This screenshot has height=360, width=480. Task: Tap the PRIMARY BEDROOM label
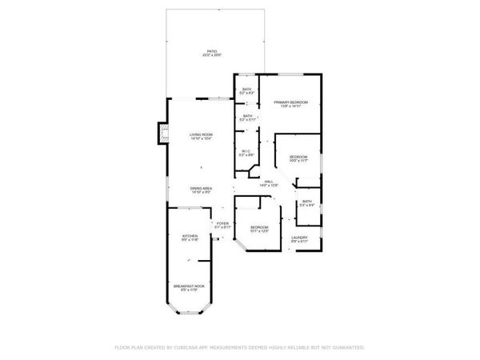point(291,102)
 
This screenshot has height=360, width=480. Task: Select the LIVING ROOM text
point(201,134)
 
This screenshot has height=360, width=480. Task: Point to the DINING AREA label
point(201,188)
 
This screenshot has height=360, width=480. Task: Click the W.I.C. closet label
point(247,150)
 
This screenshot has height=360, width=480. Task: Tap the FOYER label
point(223,223)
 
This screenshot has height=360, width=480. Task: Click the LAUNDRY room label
point(300,237)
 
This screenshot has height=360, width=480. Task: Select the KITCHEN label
point(190,236)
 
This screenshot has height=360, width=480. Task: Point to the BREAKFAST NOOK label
point(190,285)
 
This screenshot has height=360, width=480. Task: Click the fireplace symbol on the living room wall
point(163,133)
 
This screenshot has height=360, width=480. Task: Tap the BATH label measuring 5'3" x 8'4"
point(306,202)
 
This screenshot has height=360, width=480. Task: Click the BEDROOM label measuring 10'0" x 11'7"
point(298,156)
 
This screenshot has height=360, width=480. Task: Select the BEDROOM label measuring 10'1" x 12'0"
point(259,227)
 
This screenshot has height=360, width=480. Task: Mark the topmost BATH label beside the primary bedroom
point(247,89)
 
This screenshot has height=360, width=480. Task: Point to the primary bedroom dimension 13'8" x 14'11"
point(291,107)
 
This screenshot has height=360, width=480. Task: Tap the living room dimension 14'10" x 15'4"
point(201,139)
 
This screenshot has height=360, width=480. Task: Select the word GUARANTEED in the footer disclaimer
point(349,348)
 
